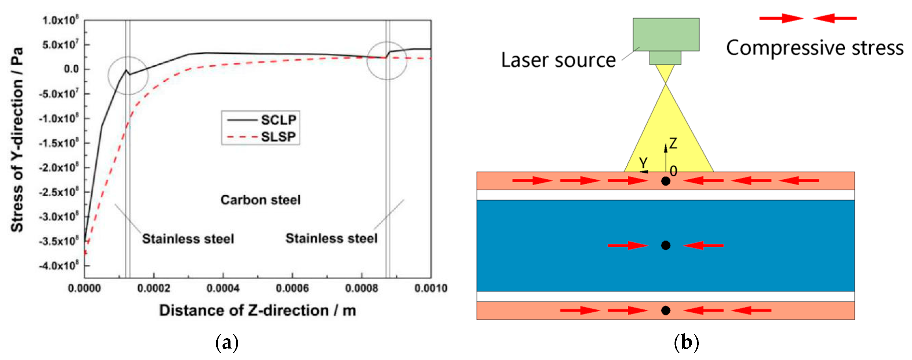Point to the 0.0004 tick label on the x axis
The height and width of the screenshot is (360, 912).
[223, 288]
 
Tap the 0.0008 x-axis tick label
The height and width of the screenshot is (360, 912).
[361, 288]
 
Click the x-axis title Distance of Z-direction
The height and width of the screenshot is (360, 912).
[257, 310]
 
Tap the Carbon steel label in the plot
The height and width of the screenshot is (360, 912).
[261, 200]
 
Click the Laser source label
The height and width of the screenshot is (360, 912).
[558, 60]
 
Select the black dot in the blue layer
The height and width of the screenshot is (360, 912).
[666, 245]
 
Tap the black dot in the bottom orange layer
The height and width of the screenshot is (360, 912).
[666, 310]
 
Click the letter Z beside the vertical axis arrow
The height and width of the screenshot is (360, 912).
[673, 143]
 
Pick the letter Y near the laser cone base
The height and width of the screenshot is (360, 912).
[643, 163]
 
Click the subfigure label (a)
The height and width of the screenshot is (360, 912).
[227, 342]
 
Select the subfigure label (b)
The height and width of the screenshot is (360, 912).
[686, 342]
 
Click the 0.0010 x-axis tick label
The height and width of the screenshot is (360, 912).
[431, 288]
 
